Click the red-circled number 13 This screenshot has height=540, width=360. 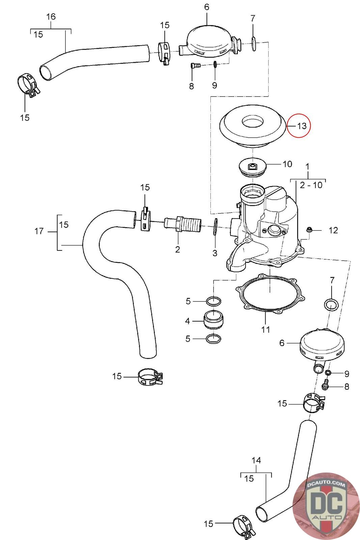(x=302, y=126)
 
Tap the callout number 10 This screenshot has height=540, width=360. (x=287, y=164)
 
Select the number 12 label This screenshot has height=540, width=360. (x=333, y=231)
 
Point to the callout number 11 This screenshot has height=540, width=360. (x=266, y=329)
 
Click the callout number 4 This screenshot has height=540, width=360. (x=188, y=321)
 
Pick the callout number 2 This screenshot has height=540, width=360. (x=177, y=249)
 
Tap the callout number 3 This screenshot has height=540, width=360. (x=215, y=253)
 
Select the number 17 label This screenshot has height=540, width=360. (x=39, y=231)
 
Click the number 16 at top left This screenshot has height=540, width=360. (x=51, y=17)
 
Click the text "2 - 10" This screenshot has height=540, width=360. (x=311, y=185)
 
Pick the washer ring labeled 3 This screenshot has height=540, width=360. (x=215, y=226)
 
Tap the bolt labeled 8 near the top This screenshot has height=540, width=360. (x=195, y=65)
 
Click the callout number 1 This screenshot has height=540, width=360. (x=307, y=166)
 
